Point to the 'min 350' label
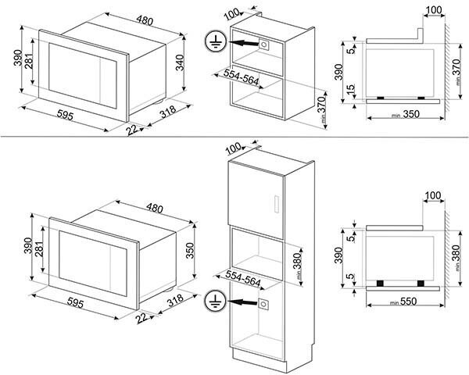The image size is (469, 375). (399, 114)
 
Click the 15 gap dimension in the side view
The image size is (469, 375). (352, 90)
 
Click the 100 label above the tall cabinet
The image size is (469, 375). (233, 148)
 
